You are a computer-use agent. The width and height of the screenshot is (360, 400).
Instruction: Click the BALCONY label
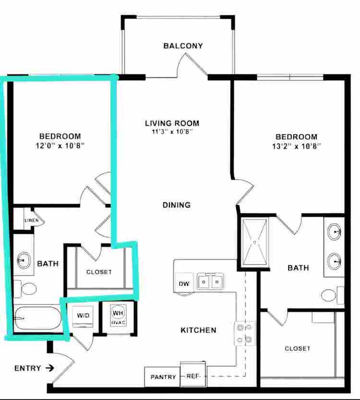(x=183, y=46)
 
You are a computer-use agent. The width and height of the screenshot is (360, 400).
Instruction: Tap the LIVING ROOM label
(x=172, y=123)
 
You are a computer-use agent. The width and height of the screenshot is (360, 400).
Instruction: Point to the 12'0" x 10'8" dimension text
(x=60, y=145)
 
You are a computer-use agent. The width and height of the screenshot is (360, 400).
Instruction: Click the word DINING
(x=176, y=205)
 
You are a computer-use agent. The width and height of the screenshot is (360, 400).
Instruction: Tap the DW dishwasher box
(x=184, y=283)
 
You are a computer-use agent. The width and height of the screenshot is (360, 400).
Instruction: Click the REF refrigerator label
(x=192, y=376)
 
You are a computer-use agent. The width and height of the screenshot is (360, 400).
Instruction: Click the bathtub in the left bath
(x=37, y=318)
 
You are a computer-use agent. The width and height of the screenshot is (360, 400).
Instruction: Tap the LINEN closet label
(x=32, y=220)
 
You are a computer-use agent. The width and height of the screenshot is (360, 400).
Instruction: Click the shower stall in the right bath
(x=255, y=242)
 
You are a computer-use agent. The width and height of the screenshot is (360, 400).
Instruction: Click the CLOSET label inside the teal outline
(x=99, y=272)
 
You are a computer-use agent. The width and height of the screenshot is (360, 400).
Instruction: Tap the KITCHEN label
(x=198, y=330)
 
